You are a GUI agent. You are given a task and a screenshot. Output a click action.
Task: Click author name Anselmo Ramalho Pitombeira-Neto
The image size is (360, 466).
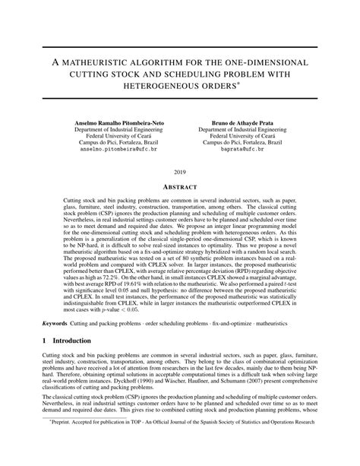pyautogui.click(x=118, y=122)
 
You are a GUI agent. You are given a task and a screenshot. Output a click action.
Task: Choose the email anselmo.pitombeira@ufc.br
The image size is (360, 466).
pyautogui.click(x=118, y=150)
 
